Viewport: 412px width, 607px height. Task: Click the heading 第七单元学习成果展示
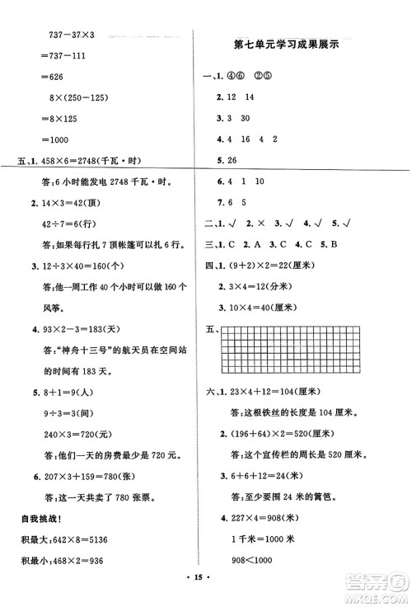click(299, 45)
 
